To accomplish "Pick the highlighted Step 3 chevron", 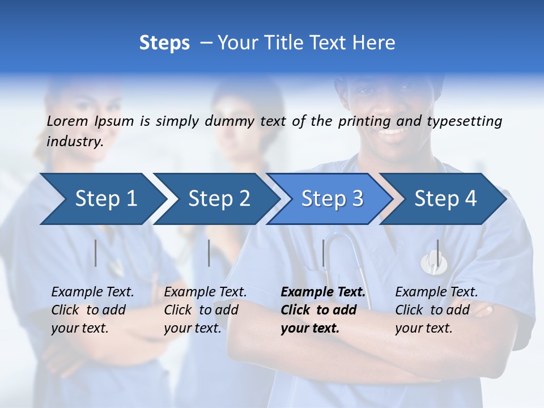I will click(331, 199).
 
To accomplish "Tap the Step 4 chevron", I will click(444, 199).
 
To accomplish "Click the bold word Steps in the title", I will click(164, 42).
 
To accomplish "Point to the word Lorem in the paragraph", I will click(67, 121).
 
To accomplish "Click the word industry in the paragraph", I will click(74, 142).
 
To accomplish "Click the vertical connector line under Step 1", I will click(96, 253).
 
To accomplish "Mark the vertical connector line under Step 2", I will click(209, 253).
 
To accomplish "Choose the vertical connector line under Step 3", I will click(323, 253).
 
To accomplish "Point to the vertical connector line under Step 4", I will click(437, 253).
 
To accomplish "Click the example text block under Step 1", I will click(92, 310).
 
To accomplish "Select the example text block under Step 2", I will click(205, 310).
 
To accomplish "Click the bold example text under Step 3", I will click(323, 310).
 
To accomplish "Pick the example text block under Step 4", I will click(436, 310).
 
